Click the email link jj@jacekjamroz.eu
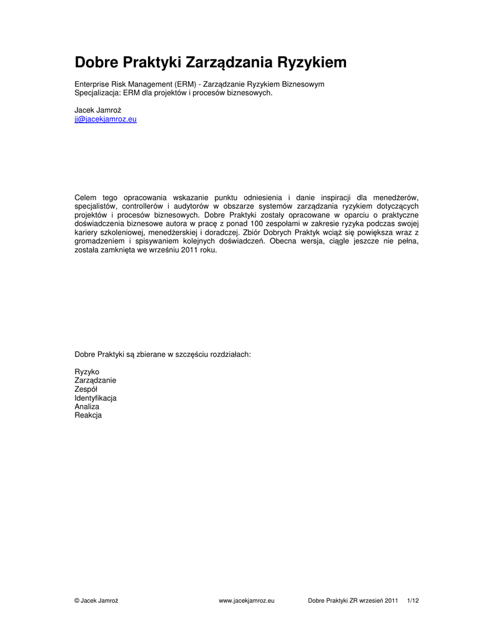point(106,119)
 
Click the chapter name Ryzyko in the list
point(87,372)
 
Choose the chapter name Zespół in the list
point(86,389)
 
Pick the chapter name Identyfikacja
point(96,398)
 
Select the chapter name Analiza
point(87,407)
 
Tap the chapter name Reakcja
point(88,416)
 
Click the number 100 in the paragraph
point(257,224)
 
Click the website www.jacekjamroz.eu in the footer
point(247,601)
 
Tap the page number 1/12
point(413,601)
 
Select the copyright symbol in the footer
point(77,601)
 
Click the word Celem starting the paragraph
point(86,198)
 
